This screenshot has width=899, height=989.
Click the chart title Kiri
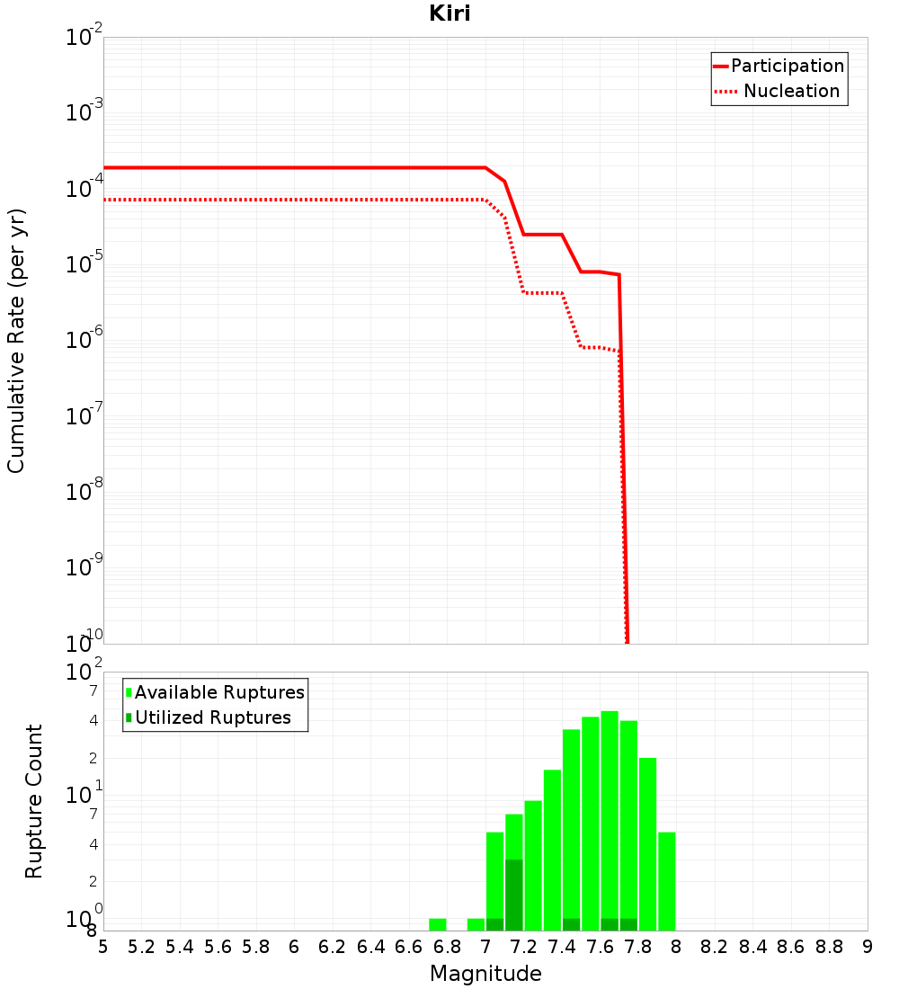coord(449,14)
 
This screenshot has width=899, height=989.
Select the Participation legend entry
coord(787,67)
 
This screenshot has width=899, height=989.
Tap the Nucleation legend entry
coord(791,92)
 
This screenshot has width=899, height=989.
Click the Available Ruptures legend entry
coord(219,693)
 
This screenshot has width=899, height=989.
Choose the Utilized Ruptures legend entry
coord(212,718)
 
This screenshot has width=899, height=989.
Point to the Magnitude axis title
coord(485,974)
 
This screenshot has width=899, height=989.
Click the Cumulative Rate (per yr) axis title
coord(16,341)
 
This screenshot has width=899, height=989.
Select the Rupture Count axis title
coord(34,801)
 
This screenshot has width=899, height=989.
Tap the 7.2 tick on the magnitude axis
coord(524,947)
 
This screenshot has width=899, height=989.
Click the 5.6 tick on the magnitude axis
coord(218,947)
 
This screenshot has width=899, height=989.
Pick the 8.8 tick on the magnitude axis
coord(830,947)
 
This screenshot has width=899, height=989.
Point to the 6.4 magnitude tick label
coord(370,947)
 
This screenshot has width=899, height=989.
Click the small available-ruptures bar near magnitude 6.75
coord(438,924)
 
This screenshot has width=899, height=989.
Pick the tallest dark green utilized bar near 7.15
coord(514,895)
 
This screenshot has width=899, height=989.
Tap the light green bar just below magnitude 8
coord(666,881)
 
